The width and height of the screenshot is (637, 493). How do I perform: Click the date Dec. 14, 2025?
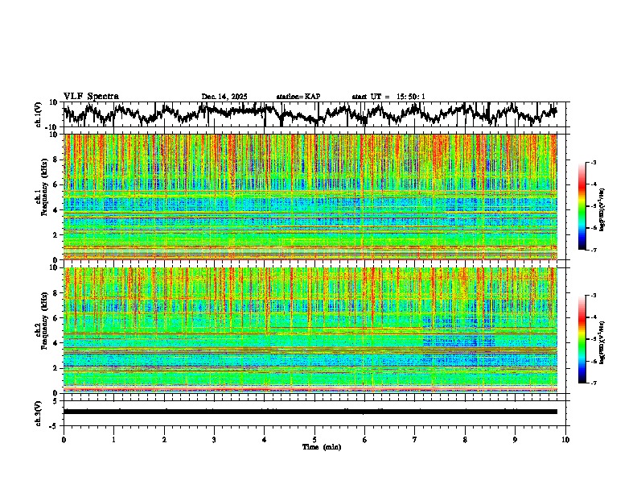tap(224, 97)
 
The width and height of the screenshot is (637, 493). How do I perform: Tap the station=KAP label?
tap(298, 97)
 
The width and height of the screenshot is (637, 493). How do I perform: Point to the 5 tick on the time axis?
tap(314, 439)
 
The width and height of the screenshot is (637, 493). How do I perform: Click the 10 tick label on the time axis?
tap(565, 439)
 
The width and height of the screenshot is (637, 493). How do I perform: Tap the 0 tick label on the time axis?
tap(64, 439)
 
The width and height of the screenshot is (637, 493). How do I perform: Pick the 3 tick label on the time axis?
tap(214, 439)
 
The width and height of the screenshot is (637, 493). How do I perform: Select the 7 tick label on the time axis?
tap(415, 439)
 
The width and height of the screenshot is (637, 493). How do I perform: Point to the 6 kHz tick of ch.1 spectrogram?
tap(55, 184)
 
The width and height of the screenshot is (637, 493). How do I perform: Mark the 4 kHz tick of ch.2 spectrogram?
tap(55, 342)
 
